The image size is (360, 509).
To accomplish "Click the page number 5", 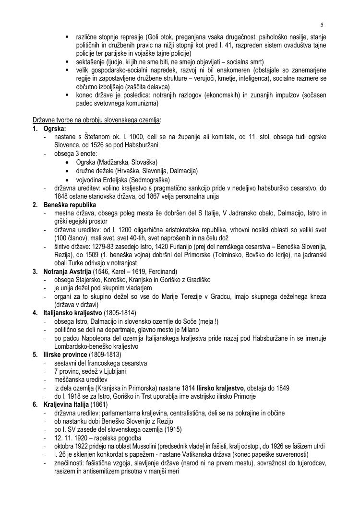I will coord(322,25).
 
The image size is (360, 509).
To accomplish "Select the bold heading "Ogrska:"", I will coord(55,129).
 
